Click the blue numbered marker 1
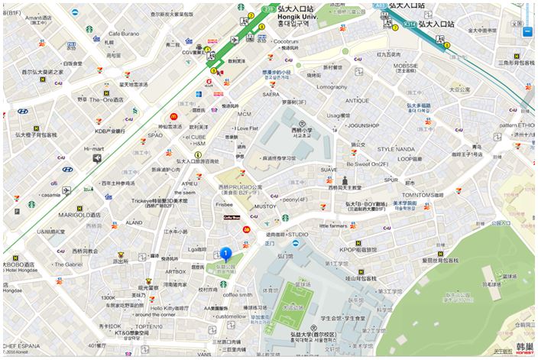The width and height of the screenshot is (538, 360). (226, 254)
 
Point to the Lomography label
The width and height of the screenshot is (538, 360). (332, 87)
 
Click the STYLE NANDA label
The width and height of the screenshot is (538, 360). (396, 149)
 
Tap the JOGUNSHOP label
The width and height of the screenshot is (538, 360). (363, 125)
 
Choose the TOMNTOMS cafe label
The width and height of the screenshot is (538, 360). (423, 195)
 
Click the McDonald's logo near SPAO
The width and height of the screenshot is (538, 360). (173, 116)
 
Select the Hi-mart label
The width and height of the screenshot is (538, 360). (93, 149)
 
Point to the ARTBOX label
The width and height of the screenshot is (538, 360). (175, 271)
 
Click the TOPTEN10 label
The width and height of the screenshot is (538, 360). (149, 326)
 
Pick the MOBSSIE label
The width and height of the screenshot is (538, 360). (406, 66)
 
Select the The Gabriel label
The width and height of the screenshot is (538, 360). (69, 264)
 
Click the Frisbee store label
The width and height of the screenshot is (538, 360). (224, 205)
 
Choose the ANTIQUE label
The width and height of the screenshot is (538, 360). (357, 101)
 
